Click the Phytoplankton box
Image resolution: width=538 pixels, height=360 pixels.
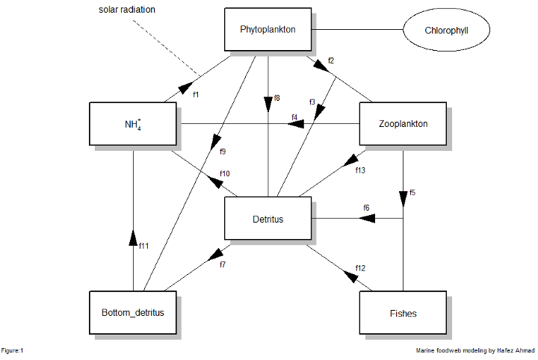(268, 30)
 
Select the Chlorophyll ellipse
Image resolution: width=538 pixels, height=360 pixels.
(447, 31)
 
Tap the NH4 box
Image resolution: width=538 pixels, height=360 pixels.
(132, 124)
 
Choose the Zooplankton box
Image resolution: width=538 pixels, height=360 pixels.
(403, 124)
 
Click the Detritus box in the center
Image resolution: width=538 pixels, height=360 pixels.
(268, 219)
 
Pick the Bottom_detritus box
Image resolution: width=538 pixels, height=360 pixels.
(132, 312)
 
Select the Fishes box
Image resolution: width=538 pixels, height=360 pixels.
(403, 312)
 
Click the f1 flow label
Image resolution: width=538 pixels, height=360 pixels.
(197, 94)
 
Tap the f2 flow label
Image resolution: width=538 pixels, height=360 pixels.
(331, 60)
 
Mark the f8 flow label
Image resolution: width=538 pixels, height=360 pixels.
(276, 98)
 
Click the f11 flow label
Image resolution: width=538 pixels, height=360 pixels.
(145, 245)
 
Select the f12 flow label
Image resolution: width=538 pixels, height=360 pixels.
(361, 267)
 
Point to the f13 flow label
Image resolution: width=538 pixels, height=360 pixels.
(360, 170)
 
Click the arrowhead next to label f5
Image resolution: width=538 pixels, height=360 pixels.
(403, 198)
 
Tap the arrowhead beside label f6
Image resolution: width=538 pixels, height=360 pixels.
(368, 219)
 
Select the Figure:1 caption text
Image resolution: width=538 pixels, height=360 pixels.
(13, 350)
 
